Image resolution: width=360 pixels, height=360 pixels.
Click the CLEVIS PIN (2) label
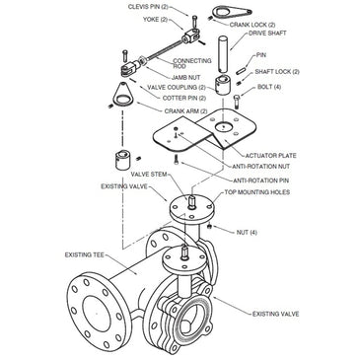point(148,7)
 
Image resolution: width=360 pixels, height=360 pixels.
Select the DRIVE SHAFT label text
point(267,34)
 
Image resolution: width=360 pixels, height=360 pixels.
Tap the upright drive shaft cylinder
point(223,55)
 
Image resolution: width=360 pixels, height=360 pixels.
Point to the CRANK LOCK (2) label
point(252,25)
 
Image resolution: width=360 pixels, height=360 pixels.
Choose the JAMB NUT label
point(185,78)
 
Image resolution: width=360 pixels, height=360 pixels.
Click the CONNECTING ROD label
point(192,63)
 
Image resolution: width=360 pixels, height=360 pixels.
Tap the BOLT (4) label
point(269,87)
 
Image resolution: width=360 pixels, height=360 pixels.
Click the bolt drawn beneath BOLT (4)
point(238,102)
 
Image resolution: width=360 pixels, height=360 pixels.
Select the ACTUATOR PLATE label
point(270,156)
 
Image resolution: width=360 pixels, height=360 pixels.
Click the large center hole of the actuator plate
point(223,127)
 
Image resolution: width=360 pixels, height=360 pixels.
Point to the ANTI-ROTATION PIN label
point(261,180)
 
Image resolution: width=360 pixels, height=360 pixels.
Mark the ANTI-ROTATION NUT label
point(261,167)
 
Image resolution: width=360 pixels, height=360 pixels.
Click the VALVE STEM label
point(149,174)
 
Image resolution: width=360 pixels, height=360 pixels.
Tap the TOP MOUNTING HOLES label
point(257,192)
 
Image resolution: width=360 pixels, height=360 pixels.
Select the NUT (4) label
point(247,233)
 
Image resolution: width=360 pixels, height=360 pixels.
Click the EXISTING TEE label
point(85,254)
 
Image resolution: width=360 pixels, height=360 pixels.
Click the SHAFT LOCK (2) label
point(277,72)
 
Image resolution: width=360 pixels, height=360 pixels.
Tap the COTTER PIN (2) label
point(184,98)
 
